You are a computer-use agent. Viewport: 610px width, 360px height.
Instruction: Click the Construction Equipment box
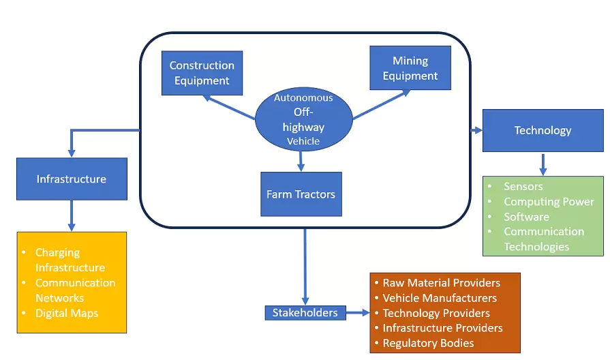(x=202, y=73)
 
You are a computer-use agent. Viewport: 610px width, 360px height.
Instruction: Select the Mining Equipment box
(x=410, y=68)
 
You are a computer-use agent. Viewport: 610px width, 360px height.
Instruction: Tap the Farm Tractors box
(x=301, y=194)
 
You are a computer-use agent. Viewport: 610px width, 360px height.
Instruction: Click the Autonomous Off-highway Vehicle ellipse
(x=303, y=119)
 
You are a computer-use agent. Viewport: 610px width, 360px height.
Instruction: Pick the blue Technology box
(x=543, y=130)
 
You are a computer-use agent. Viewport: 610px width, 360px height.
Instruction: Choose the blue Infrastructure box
(x=72, y=179)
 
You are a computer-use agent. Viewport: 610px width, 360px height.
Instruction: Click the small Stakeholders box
(x=305, y=313)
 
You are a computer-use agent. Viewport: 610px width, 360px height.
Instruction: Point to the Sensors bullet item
(x=523, y=186)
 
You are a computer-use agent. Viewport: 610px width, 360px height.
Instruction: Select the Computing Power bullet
(x=549, y=202)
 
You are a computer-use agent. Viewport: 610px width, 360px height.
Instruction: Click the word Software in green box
(x=526, y=217)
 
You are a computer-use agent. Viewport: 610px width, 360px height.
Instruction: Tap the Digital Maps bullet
(x=67, y=314)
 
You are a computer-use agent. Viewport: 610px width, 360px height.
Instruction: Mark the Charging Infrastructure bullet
(x=70, y=260)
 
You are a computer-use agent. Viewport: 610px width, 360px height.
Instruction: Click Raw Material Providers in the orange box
(x=441, y=283)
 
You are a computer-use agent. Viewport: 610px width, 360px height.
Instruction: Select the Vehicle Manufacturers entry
(x=439, y=298)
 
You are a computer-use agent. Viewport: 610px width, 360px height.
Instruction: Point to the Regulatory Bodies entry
(x=427, y=344)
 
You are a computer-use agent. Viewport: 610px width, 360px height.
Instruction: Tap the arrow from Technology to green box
(x=543, y=164)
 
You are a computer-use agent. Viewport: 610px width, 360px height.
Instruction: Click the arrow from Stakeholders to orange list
(x=358, y=313)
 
